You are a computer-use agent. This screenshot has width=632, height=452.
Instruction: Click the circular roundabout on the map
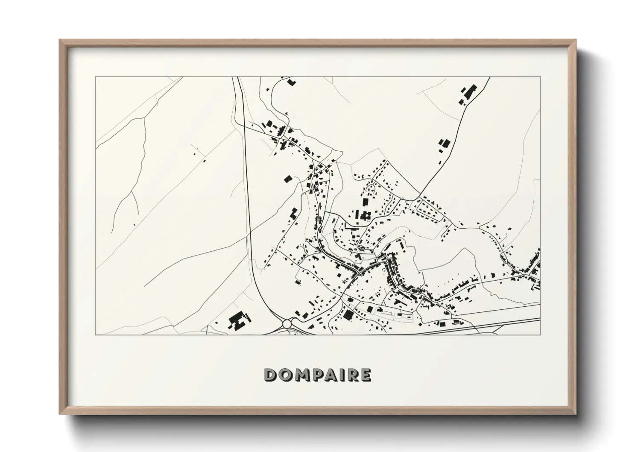click(287, 324)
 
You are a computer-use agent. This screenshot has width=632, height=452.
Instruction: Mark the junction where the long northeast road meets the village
click(420, 197)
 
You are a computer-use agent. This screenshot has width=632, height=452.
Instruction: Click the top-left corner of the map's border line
click(95, 77)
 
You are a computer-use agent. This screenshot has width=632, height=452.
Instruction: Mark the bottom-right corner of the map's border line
click(540, 335)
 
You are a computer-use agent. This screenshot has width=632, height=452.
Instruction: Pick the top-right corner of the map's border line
click(540, 77)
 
